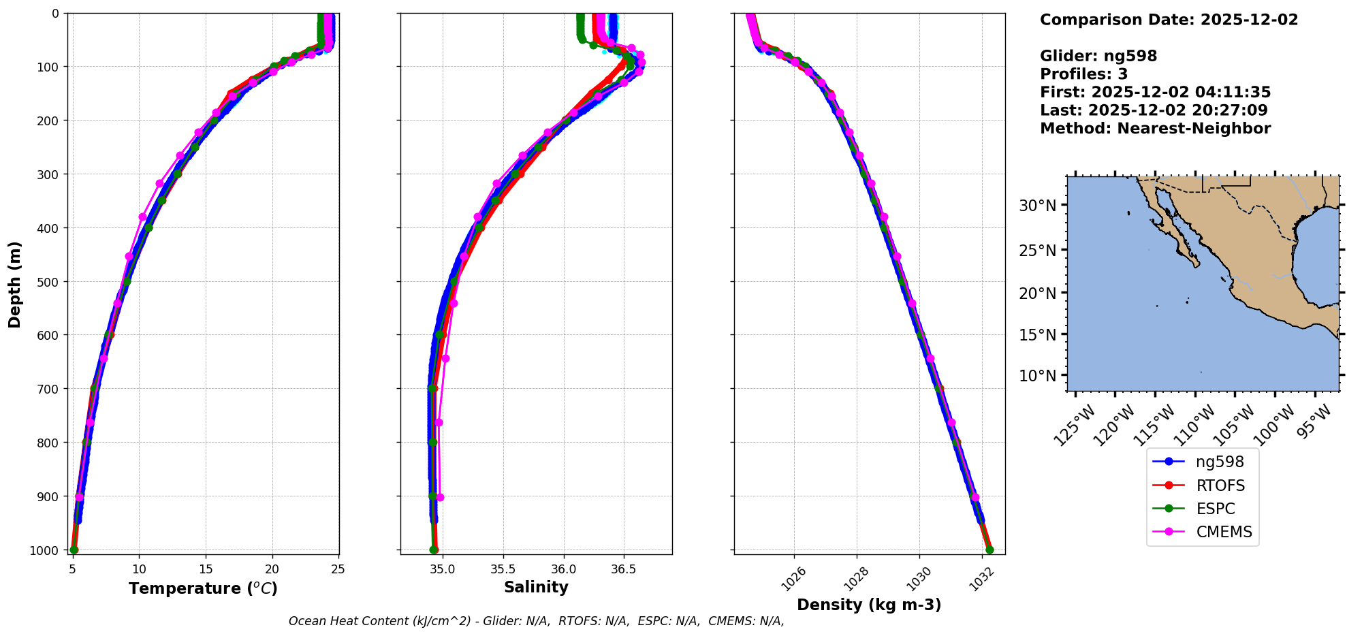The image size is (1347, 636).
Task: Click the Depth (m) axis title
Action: coord(15,284)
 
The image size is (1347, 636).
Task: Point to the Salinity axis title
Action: coord(536,587)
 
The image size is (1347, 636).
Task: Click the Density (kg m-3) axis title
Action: coord(868,605)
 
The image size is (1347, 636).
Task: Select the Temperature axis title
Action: coord(203,588)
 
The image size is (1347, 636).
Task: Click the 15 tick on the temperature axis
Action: coord(206,569)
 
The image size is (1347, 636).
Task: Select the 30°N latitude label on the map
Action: coord(1037,206)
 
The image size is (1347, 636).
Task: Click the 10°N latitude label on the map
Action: coord(1037,376)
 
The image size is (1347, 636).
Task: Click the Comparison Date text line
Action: coord(1169,20)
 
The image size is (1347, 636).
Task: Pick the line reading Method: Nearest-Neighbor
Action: coord(1155,129)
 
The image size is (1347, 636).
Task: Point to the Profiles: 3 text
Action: coord(1083,74)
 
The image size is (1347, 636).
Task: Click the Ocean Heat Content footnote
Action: coord(536,621)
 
